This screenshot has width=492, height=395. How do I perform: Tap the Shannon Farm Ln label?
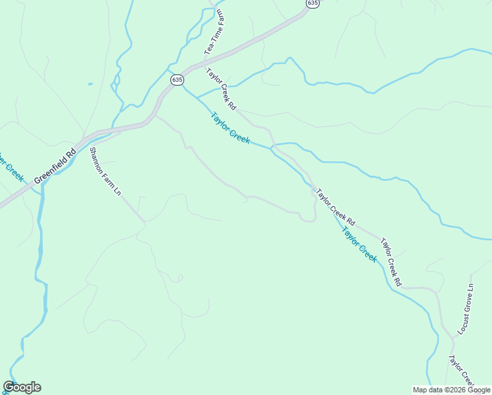click(x=105, y=171)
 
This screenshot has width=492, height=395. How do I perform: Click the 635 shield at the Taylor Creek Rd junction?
click(x=176, y=80)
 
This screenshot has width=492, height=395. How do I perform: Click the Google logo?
click(x=22, y=387)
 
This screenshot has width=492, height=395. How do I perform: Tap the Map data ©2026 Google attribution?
click(x=451, y=390)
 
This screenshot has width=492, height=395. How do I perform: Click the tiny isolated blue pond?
click(x=90, y=84)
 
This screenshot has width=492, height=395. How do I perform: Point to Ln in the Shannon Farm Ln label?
click(x=118, y=192)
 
